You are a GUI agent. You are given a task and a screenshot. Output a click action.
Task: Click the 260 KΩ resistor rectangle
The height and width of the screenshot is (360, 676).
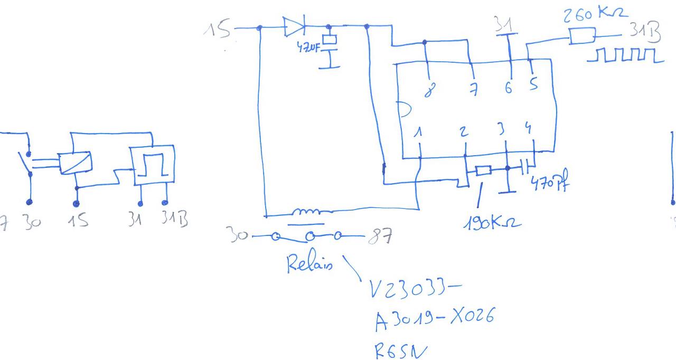point(581,36)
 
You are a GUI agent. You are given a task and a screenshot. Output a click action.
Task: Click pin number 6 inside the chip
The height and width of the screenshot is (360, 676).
point(508,89)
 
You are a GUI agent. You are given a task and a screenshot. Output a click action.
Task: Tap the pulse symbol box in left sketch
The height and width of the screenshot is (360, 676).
point(154,167)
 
